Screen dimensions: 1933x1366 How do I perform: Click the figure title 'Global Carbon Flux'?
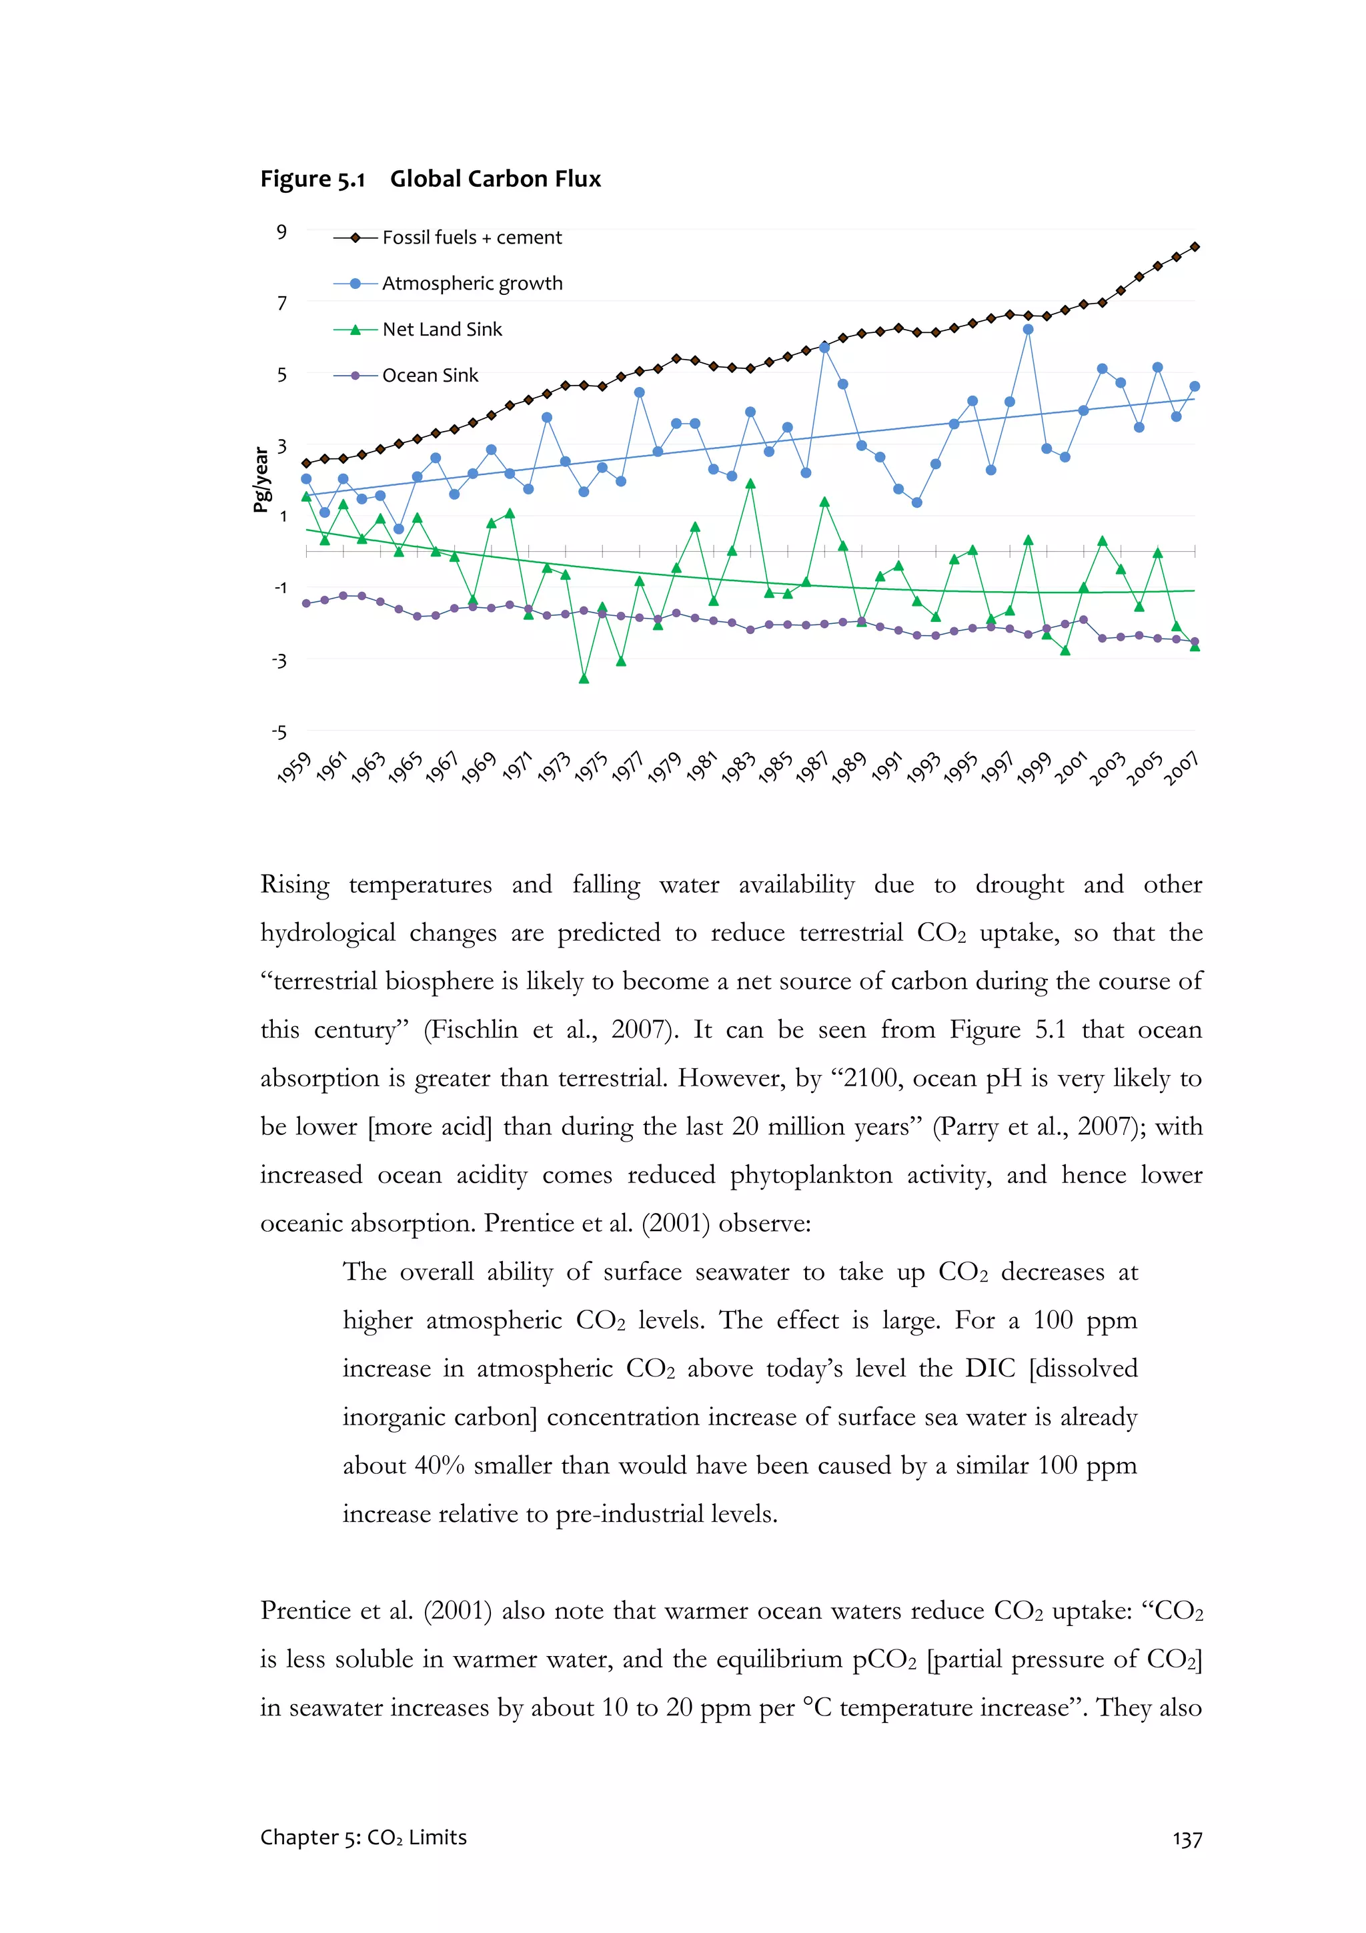tap(495, 179)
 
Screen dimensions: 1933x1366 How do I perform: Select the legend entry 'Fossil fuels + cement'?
tap(472, 238)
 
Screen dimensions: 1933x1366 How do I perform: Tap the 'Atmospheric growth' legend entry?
tap(472, 284)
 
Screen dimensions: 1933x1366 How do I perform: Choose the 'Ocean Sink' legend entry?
tap(430, 376)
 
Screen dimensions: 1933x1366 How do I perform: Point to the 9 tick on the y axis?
tap(282, 232)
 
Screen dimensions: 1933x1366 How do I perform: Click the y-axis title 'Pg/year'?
tap(261, 480)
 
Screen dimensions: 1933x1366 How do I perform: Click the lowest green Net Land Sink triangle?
tap(584, 679)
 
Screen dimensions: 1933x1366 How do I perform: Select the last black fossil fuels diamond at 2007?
tap(1195, 247)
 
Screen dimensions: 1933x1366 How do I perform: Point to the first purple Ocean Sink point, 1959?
tap(306, 604)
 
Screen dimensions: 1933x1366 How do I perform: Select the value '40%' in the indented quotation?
tap(440, 1466)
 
